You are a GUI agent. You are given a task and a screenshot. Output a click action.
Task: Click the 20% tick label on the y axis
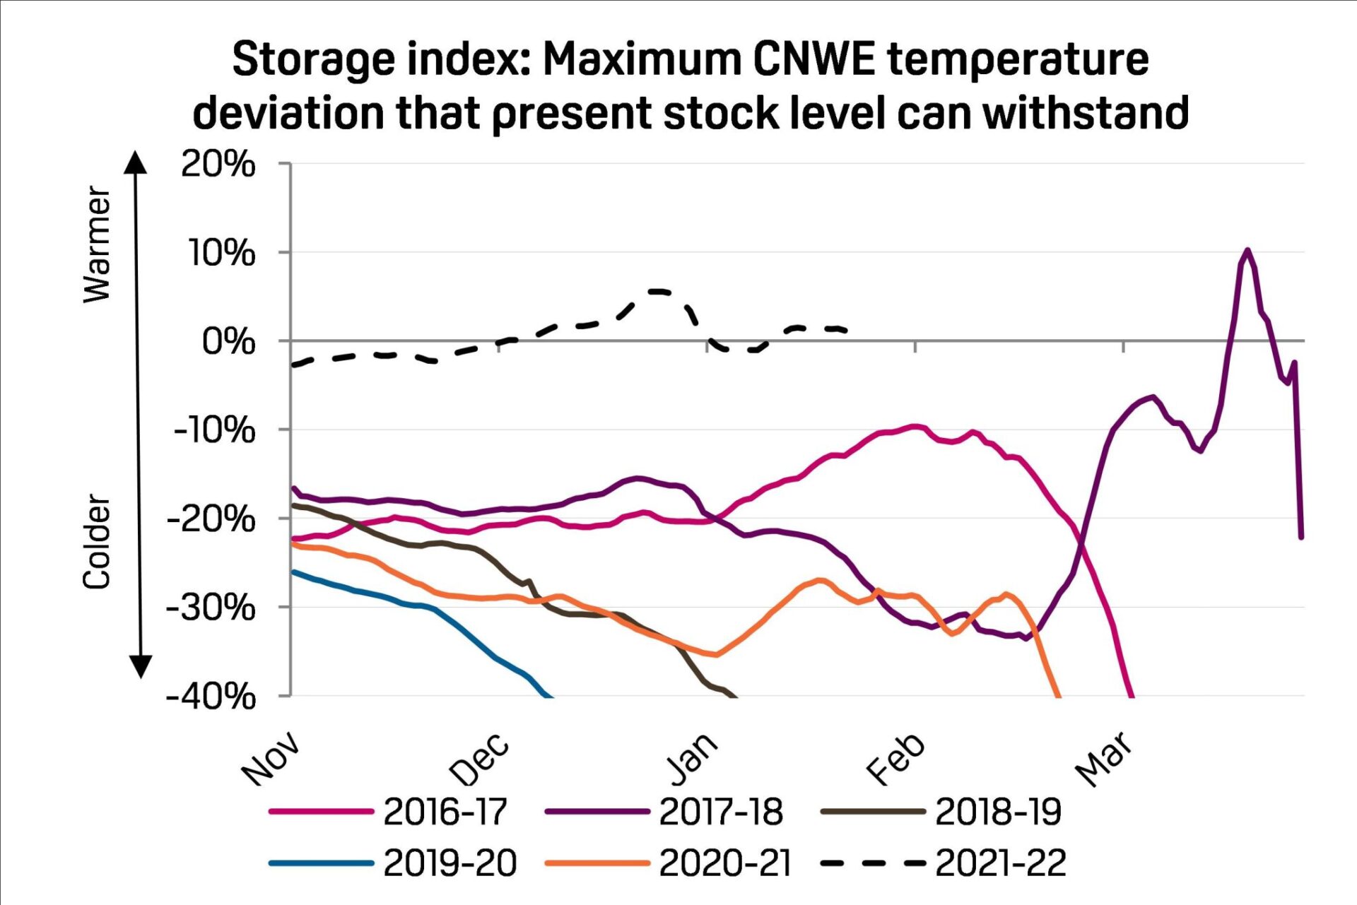coord(218,165)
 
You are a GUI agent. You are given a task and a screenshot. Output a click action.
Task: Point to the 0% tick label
coord(228,342)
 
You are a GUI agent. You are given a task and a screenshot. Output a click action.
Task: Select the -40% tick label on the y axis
coord(211,697)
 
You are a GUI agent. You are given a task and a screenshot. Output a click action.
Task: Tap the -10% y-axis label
coord(214,430)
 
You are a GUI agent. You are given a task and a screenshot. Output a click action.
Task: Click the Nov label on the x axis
coord(271,758)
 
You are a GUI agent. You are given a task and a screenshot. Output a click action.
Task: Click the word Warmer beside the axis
coord(97,244)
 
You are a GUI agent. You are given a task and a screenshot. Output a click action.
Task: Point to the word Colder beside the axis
coord(97,542)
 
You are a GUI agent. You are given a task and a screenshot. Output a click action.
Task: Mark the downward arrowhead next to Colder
coord(141,666)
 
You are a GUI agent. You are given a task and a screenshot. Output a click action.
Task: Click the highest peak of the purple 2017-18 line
coord(1247,249)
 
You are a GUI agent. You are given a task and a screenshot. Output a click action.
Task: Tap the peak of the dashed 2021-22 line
coord(658,291)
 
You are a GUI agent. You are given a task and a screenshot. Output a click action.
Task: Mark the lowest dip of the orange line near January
coord(717,655)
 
